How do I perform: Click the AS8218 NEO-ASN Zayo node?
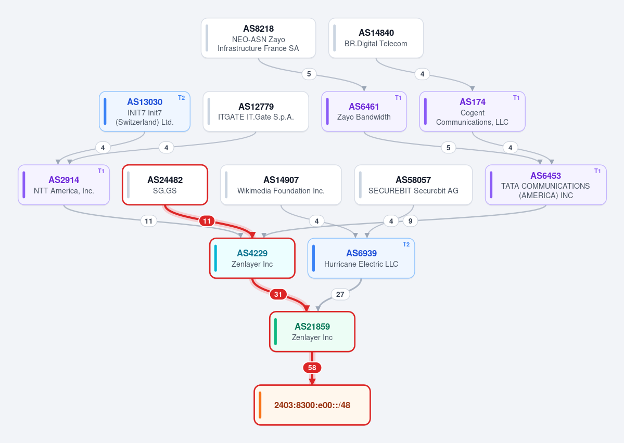tap(258, 38)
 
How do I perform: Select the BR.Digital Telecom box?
tap(376, 38)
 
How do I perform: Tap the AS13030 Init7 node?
tap(145, 111)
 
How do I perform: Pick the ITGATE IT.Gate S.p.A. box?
tap(256, 111)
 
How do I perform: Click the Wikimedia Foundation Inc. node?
tap(281, 185)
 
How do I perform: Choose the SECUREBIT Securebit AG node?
tap(413, 185)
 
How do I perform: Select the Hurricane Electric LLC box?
tap(361, 258)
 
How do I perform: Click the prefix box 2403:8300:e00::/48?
tap(312, 405)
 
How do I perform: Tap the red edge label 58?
tap(312, 368)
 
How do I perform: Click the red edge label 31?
tap(278, 294)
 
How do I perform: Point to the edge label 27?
tap(340, 294)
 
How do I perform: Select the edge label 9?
tap(410, 221)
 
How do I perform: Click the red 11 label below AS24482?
tap(207, 221)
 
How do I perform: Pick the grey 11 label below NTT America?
tap(148, 221)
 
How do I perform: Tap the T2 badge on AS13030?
tap(182, 98)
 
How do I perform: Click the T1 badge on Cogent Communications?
tap(516, 98)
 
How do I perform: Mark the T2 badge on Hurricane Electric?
tap(406, 244)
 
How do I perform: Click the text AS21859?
tap(312, 327)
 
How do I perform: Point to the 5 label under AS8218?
tap(309, 74)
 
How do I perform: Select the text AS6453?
tap(545, 176)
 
